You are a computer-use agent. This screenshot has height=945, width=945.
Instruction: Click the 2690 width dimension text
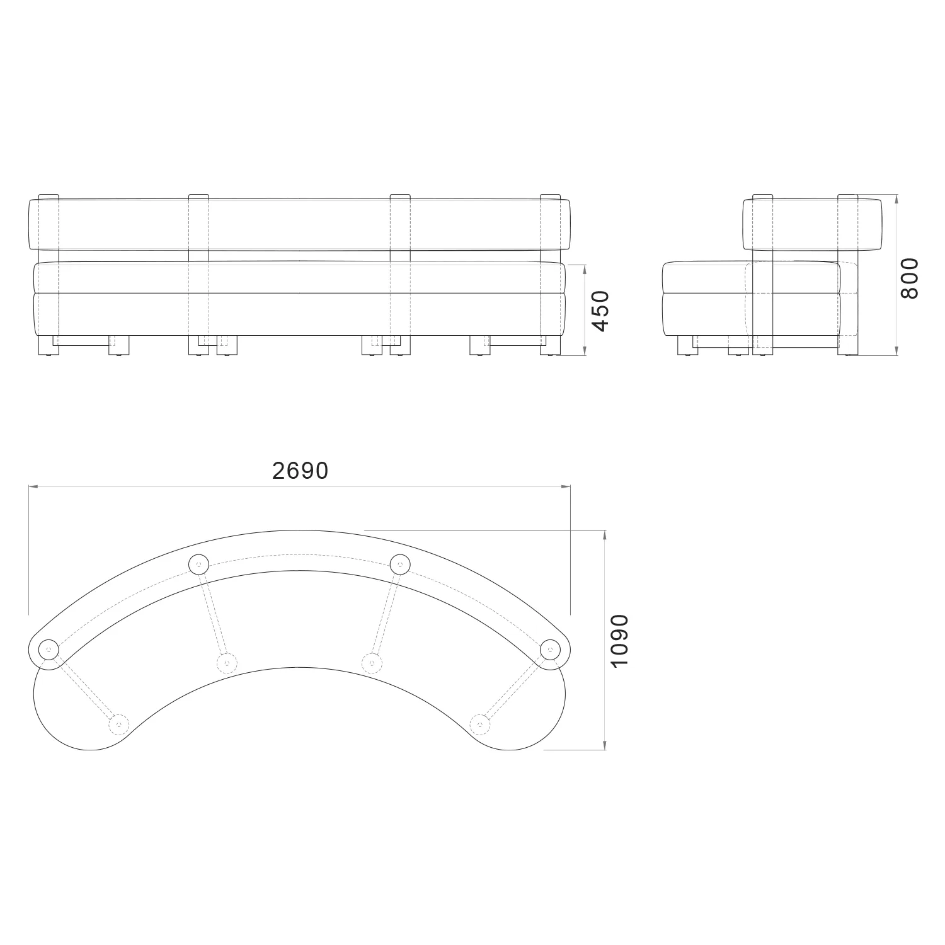[300, 471]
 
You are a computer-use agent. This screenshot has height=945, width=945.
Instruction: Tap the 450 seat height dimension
[601, 311]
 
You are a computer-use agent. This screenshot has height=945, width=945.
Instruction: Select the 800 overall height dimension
[910, 278]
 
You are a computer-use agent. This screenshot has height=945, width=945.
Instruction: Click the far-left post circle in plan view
[48, 648]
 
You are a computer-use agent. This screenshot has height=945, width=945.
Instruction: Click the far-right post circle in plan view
[550, 648]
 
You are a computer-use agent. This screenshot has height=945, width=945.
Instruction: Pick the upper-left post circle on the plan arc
[198, 564]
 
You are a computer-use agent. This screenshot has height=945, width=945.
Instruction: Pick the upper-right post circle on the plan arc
[399, 564]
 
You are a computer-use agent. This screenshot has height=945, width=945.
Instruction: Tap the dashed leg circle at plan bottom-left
[118, 724]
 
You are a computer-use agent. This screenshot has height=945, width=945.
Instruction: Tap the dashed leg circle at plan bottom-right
[480, 724]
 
